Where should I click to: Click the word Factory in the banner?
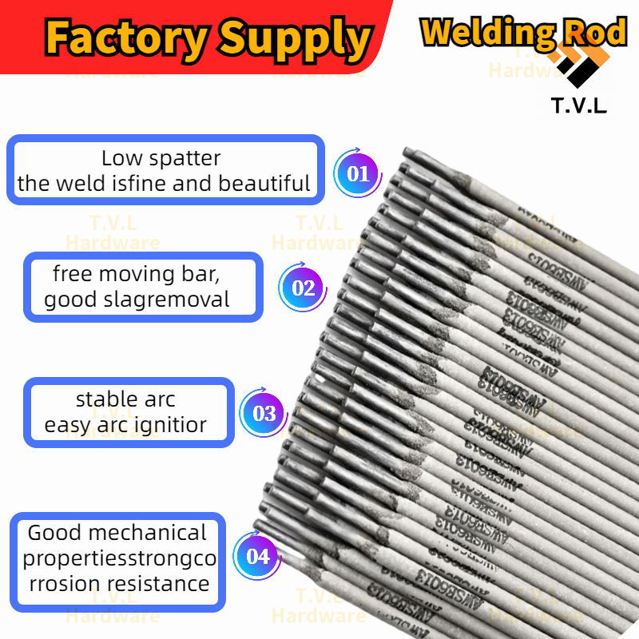123,37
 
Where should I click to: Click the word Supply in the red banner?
294,38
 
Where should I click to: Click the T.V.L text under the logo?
579,105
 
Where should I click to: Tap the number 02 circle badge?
304,288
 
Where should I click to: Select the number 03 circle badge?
264,413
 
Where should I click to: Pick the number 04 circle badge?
258,556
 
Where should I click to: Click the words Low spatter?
161,158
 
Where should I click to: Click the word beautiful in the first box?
264,184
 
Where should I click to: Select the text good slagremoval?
137,300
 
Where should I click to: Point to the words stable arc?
125,399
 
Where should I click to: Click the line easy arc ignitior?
125,425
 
